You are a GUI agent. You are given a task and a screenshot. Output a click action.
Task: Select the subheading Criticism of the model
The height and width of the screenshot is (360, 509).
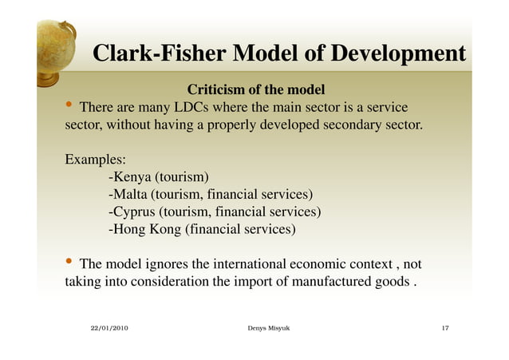point(255,88)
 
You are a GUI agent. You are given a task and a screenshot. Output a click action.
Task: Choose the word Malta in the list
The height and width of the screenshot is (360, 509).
point(131,194)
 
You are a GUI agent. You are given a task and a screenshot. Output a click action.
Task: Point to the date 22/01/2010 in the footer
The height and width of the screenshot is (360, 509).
point(108,329)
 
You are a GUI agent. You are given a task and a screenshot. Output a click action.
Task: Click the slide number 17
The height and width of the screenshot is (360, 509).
point(447,329)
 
